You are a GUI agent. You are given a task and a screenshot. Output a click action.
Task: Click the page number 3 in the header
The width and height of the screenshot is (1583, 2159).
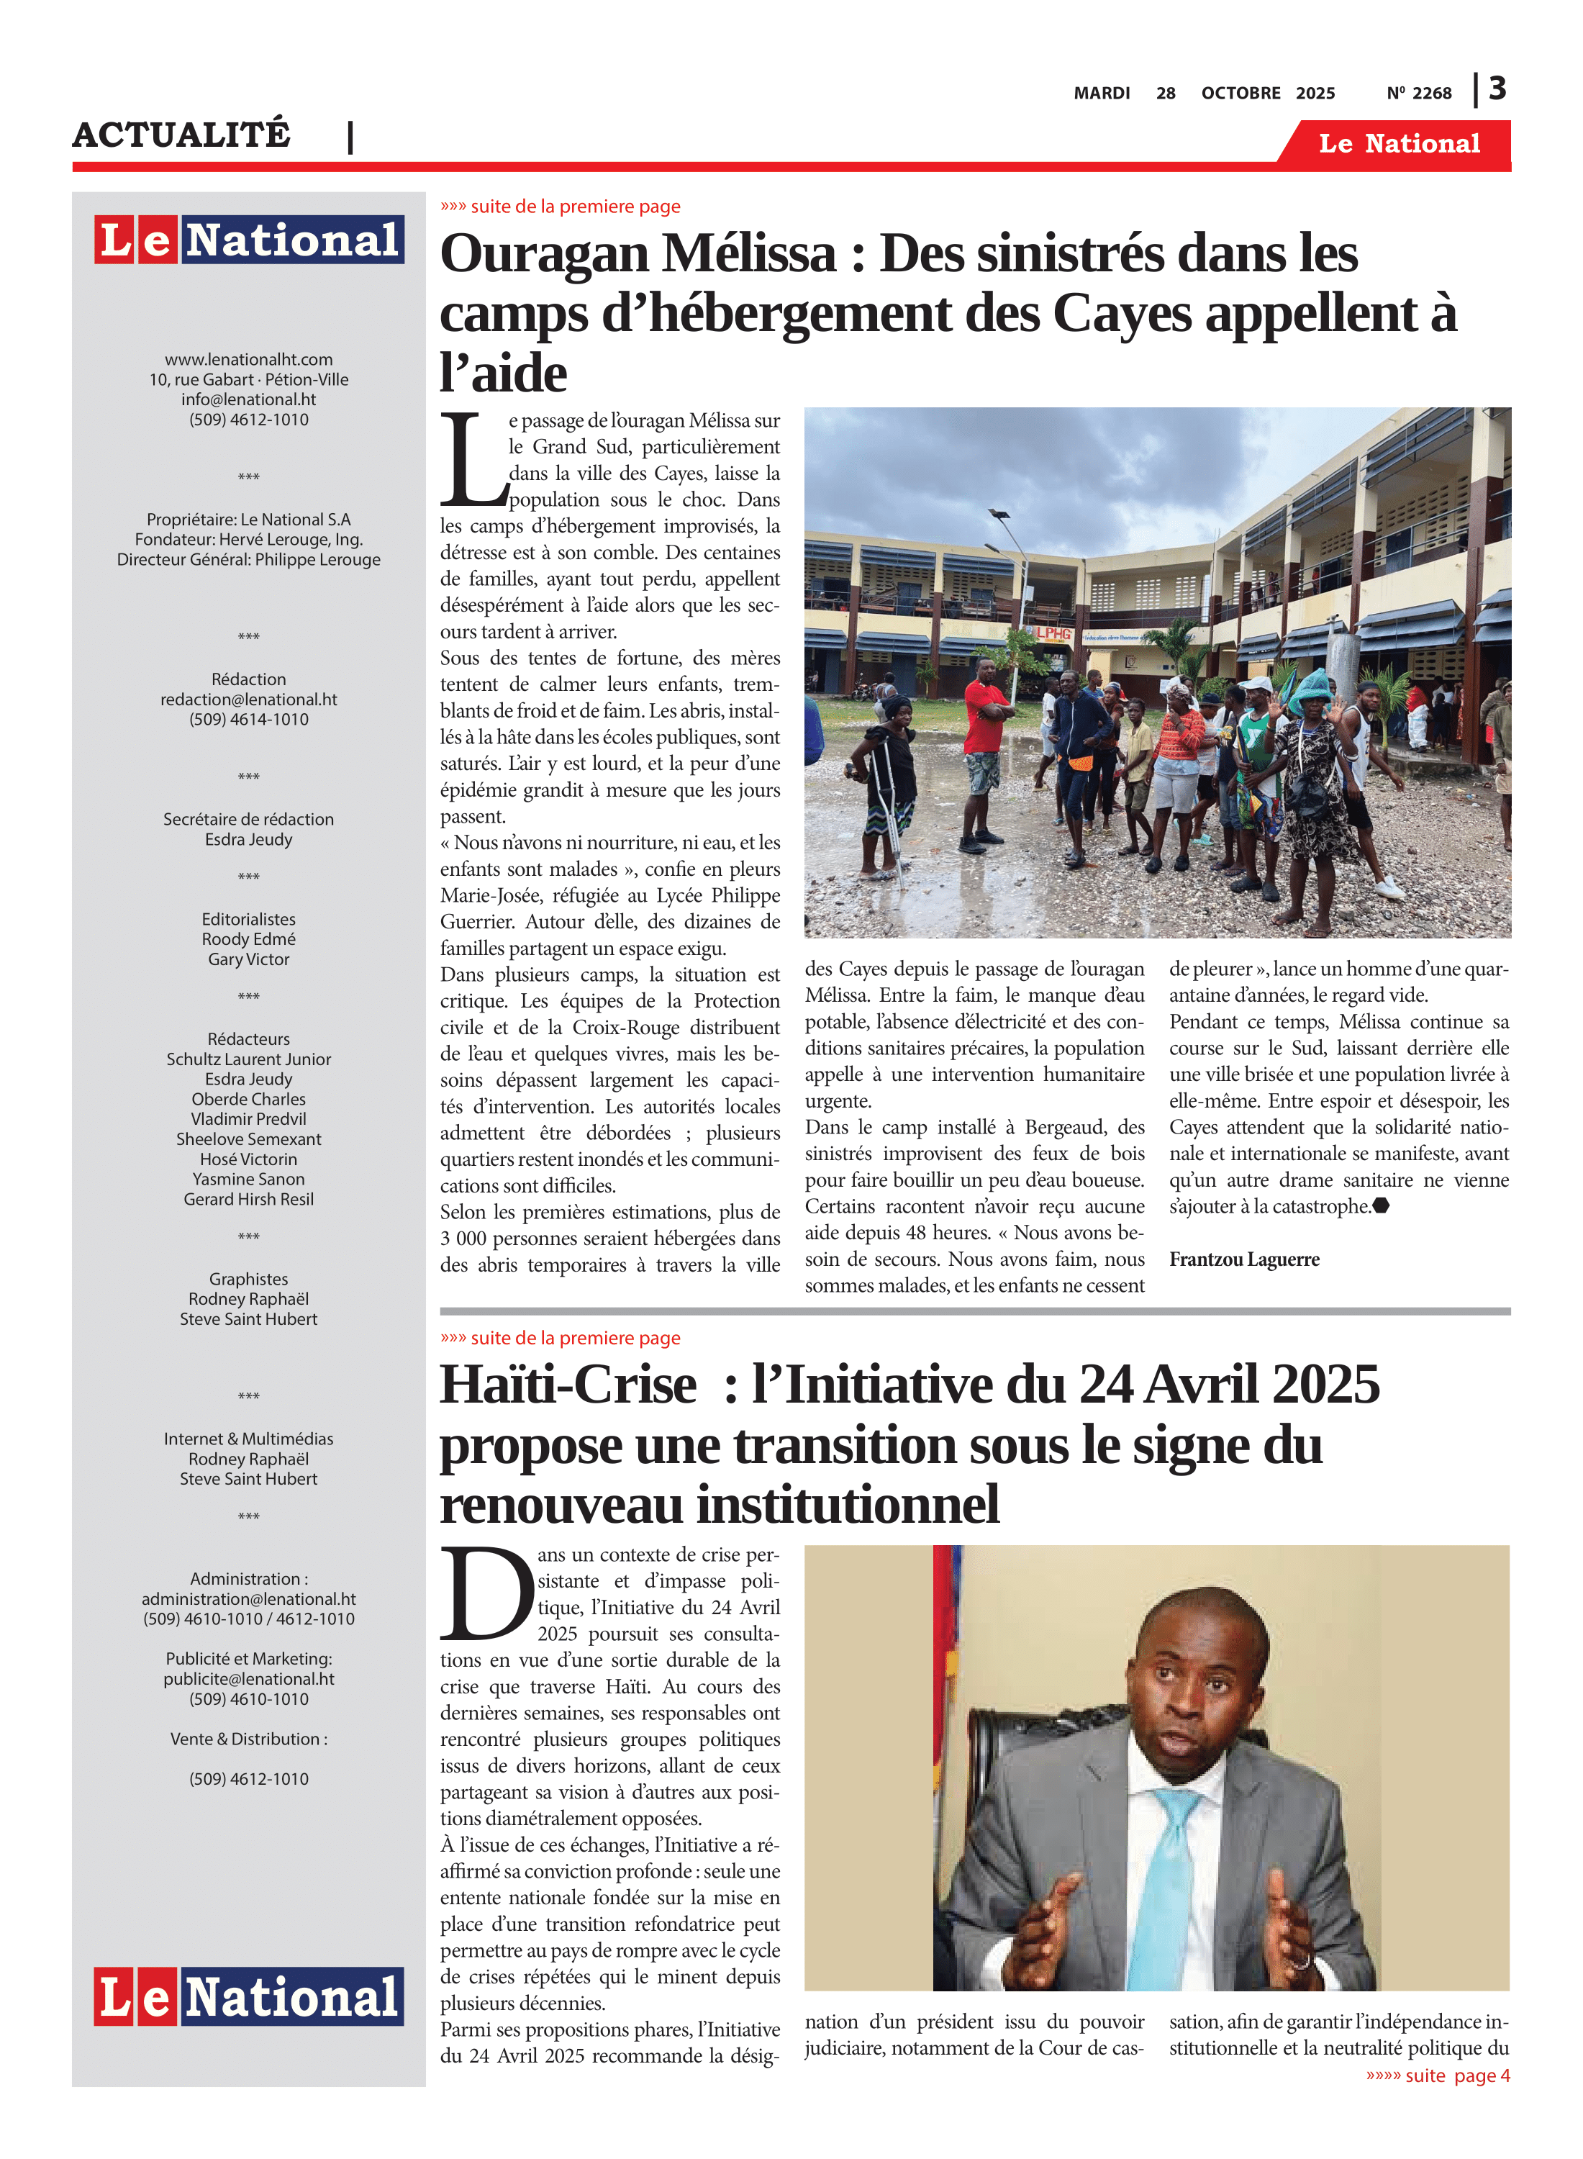point(1497,89)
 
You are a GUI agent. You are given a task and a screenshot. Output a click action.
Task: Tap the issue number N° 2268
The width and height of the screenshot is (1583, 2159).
point(1418,93)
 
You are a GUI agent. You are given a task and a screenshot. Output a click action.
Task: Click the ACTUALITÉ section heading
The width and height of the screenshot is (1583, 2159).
point(181,134)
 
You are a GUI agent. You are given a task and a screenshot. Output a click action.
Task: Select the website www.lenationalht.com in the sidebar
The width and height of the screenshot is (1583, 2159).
point(248,359)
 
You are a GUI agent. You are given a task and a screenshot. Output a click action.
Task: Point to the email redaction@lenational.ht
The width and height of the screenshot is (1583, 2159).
point(248,700)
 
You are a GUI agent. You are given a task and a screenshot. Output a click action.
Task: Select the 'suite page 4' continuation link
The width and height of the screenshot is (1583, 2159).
point(1438,2076)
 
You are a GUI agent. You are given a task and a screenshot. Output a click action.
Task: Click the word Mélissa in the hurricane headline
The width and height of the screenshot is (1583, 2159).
point(749,254)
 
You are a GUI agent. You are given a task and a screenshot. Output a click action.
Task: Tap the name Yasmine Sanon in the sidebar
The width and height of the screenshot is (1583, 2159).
point(248,1179)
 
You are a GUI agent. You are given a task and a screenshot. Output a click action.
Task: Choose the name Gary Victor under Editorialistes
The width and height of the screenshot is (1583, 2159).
point(248,959)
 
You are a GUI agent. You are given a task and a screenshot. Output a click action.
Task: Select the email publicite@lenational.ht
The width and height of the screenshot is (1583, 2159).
point(248,1679)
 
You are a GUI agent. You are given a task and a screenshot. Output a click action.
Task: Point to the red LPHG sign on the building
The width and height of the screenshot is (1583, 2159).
point(1052,633)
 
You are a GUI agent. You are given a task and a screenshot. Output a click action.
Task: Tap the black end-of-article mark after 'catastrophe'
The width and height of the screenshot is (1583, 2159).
point(1381,1206)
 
